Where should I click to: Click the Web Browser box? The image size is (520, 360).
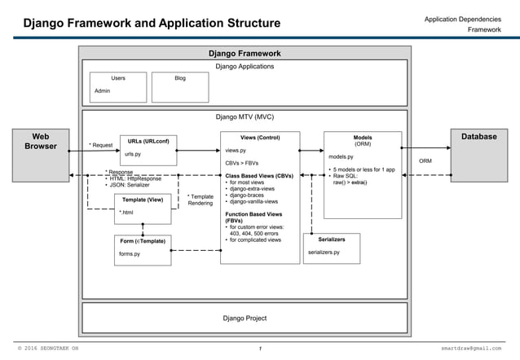pyautogui.click(x=38, y=155)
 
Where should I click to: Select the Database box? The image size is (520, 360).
pyautogui.click(x=478, y=155)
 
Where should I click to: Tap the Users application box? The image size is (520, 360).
pyautogui.click(x=118, y=86)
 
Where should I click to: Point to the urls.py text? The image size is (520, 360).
pyautogui.click(x=133, y=154)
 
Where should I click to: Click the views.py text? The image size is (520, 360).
pyautogui.click(x=236, y=151)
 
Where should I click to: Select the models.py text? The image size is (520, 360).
pyautogui.click(x=341, y=156)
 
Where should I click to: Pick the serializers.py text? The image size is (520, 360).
pyautogui.click(x=324, y=253)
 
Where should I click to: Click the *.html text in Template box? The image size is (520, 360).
pyautogui.click(x=126, y=213)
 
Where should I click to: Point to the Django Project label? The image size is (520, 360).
pyautogui.click(x=245, y=318)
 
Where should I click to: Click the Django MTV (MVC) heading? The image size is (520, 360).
pyautogui.click(x=245, y=117)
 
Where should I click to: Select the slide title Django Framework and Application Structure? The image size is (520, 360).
pyautogui.click(x=152, y=23)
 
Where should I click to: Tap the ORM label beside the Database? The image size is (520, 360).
pyautogui.click(x=425, y=161)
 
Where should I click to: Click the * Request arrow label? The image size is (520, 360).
pyautogui.click(x=100, y=145)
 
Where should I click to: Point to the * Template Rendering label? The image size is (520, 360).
pyautogui.click(x=201, y=200)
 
